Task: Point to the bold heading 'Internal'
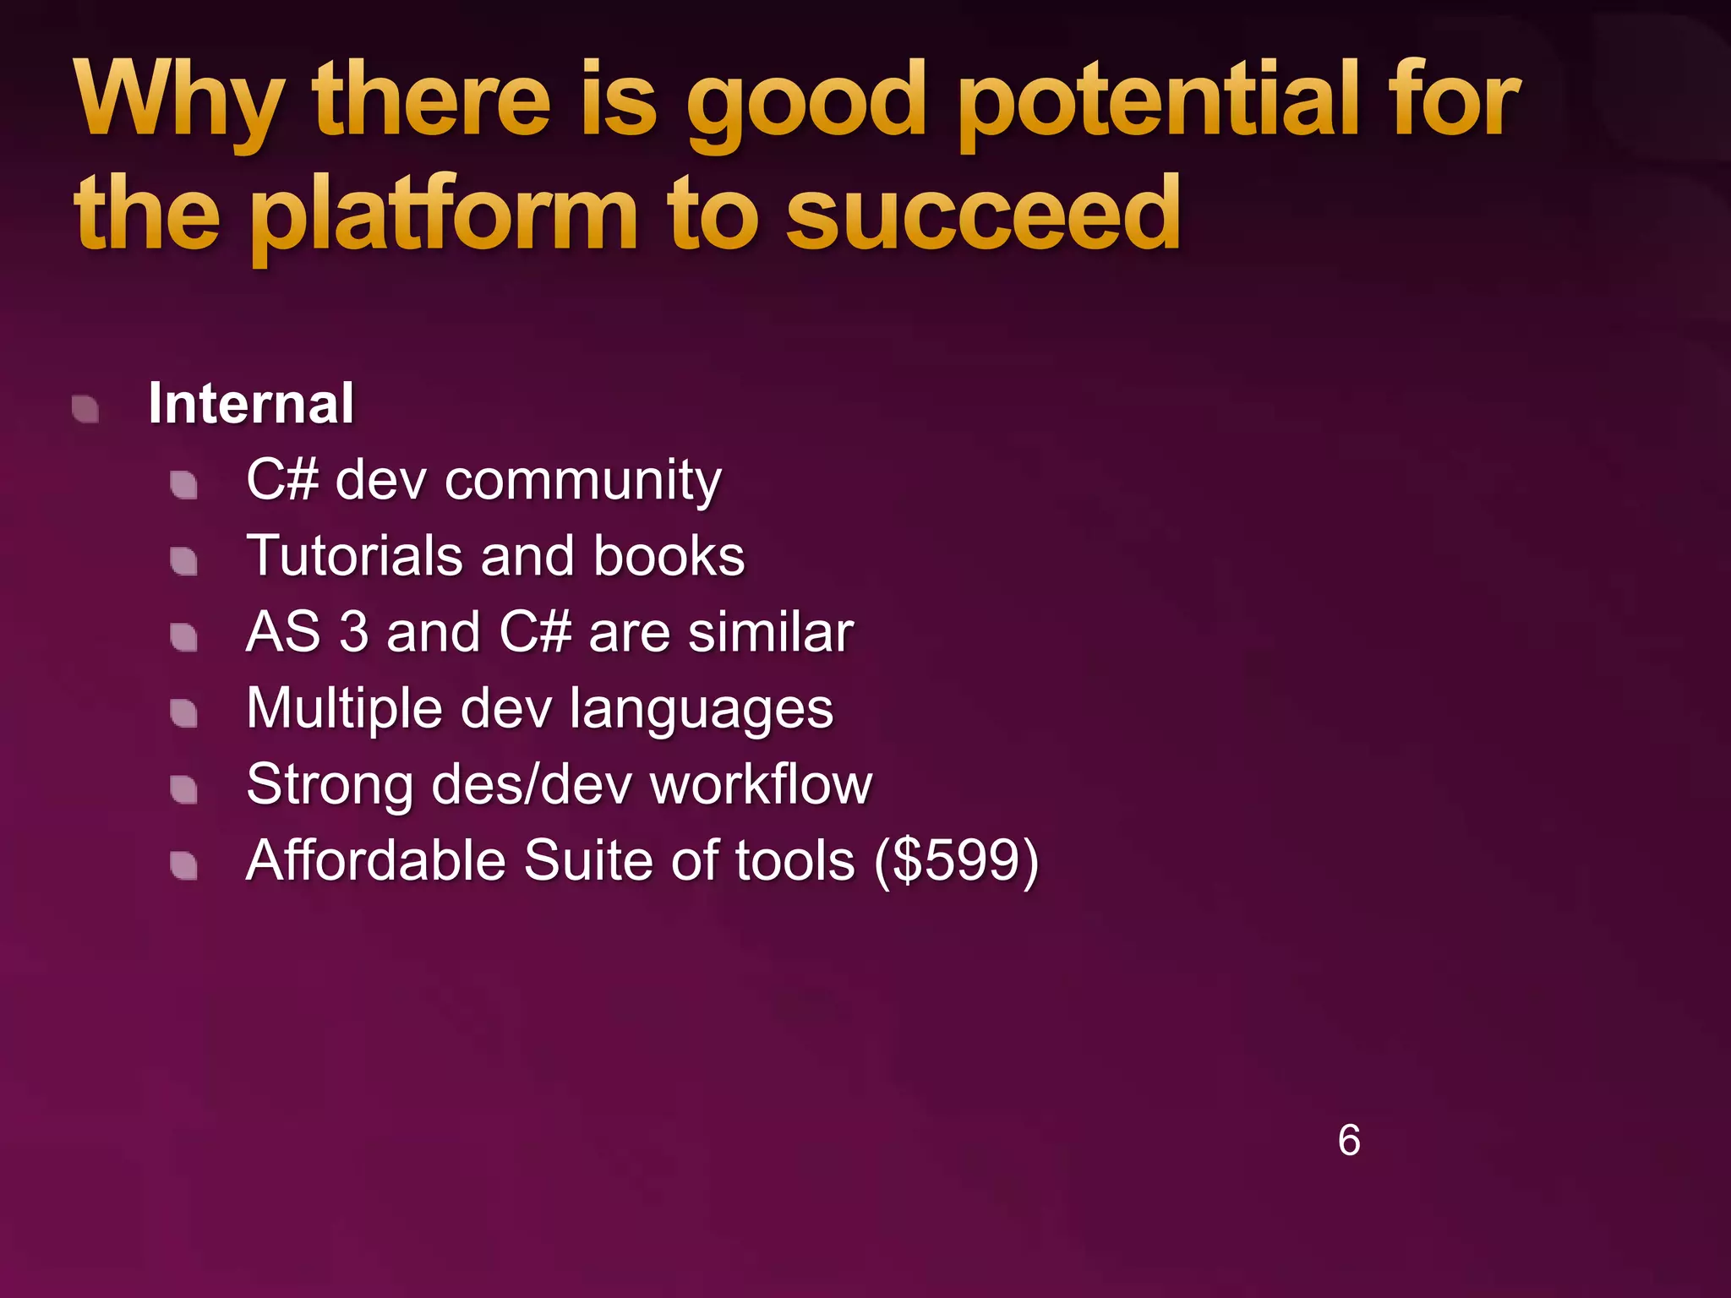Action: pos(251,403)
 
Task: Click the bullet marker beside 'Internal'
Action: pos(85,409)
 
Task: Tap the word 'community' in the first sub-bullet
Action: pos(583,480)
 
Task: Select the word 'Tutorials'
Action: pos(353,556)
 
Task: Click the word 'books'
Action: pos(669,556)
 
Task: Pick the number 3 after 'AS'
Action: pos(354,632)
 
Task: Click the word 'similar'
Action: pos(770,632)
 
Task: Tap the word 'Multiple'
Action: pos(343,708)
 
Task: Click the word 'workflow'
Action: pos(761,784)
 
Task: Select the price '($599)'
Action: pos(956,861)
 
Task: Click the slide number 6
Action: pos(1349,1140)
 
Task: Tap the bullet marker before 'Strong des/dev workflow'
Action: pos(183,789)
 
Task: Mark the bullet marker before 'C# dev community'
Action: pos(183,485)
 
